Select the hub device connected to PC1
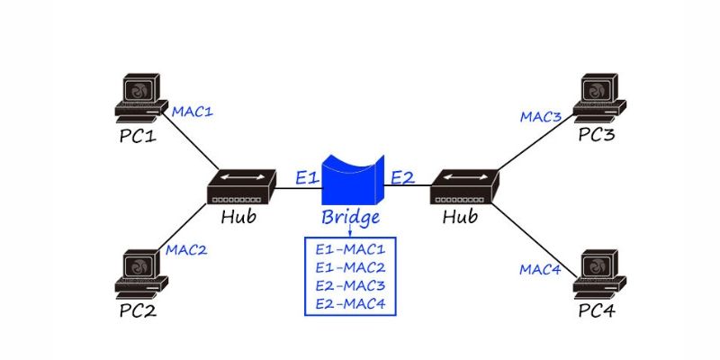(240, 187)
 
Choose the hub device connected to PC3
(463, 187)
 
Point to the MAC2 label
(186, 249)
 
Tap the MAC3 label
(541, 117)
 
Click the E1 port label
(307, 177)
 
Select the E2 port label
(402, 177)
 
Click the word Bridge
(351, 218)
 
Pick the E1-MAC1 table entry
(351, 247)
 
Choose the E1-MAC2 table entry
(351, 266)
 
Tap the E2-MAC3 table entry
(351, 285)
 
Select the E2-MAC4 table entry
(351, 304)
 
